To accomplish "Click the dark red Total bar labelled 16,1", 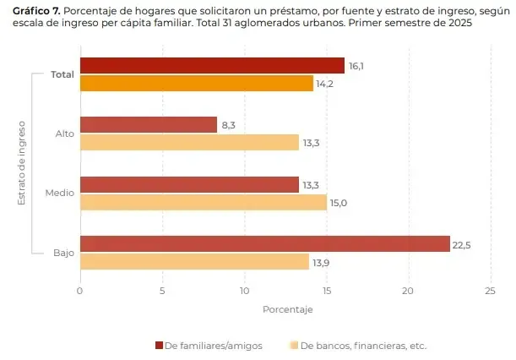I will pyautogui.click(x=211, y=66).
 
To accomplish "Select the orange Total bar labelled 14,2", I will pyautogui.click(x=196, y=83).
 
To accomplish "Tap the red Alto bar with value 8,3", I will pyautogui.click(x=148, y=125).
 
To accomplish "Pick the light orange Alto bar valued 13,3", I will pyautogui.click(x=189, y=143).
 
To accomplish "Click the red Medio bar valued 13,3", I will pyautogui.click(x=189, y=184).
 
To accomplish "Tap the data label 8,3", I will pyautogui.click(x=228, y=125).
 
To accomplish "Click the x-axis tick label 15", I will pyautogui.click(x=326, y=290).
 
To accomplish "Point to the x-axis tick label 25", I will pyautogui.click(x=490, y=290).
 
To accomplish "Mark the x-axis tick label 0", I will pyautogui.click(x=79, y=290).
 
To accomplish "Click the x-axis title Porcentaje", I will pyautogui.click(x=287, y=309).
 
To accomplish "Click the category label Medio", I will pyautogui.click(x=59, y=194).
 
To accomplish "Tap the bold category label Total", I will pyautogui.click(x=62, y=74).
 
